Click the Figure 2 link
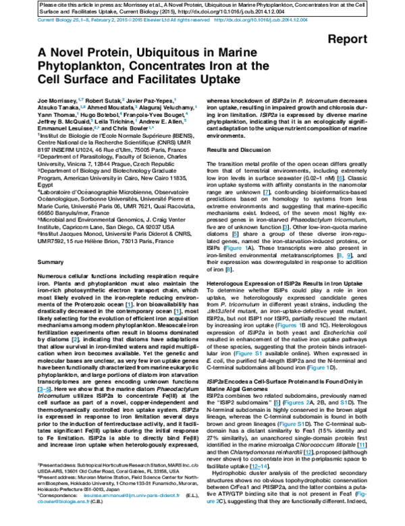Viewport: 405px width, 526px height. click(297, 402)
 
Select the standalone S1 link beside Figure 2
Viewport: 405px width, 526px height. click(344, 402)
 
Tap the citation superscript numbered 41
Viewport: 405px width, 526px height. click(362, 445)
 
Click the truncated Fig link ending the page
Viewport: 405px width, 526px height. click(362, 494)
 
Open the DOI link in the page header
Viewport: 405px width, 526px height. click(261, 20)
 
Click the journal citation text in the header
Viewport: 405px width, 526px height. click(123, 20)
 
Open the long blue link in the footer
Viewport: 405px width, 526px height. click(132, 495)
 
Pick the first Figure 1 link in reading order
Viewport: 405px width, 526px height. click(236, 248)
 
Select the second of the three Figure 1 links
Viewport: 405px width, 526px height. click(289, 325)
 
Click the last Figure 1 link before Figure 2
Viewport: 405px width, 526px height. click(319, 368)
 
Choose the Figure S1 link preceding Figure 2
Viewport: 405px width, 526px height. click(248, 354)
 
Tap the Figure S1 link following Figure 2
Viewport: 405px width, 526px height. click(292, 424)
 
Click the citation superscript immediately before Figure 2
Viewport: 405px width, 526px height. click(277, 403)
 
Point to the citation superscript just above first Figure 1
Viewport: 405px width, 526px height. click(236, 235)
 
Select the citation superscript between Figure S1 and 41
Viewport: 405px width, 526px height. click(308, 452)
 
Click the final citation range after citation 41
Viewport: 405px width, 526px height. click(259, 466)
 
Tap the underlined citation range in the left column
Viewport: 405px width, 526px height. click(44, 390)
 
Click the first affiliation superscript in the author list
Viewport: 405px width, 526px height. click(81, 99)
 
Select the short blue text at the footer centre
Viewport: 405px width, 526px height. click(213, 502)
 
